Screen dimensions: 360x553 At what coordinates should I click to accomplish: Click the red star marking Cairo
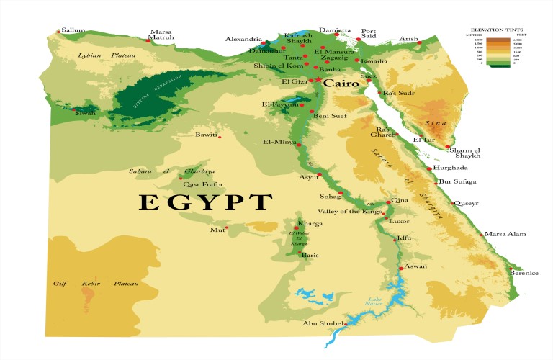pyautogui.click(x=318, y=80)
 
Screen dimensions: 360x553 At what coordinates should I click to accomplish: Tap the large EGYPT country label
pyautogui.click(x=205, y=202)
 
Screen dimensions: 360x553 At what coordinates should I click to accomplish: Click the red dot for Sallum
pyautogui.click(x=59, y=32)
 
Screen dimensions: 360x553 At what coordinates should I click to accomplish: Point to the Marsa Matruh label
pyautogui.click(x=161, y=35)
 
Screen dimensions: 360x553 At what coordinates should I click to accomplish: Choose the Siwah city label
pyautogui.click(x=84, y=112)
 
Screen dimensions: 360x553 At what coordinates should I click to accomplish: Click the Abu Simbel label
pyautogui.click(x=322, y=323)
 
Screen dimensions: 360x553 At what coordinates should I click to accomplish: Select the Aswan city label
pyautogui.click(x=415, y=266)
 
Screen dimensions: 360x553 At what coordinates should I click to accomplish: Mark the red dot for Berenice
pyautogui.click(x=513, y=266)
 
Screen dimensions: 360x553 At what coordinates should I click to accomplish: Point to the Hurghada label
pyautogui.click(x=450, y=168)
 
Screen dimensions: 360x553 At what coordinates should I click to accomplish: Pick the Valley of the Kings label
pyautogui.click(x=352, y=211)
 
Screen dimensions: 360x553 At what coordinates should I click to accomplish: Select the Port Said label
pyautogui.click(x=368, y=35)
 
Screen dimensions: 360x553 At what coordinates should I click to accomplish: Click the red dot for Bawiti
pyautogui.click(x=220, y=137)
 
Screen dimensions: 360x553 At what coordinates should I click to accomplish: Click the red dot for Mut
pyautogui.click(x=227, y=228)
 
